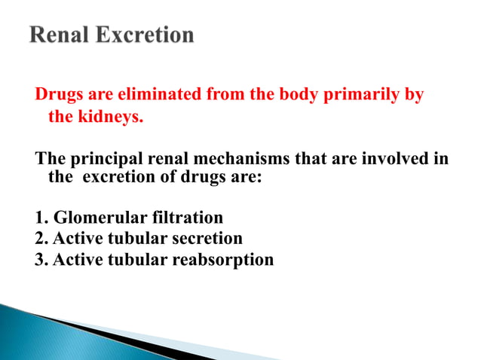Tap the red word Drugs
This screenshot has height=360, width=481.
[58, 96]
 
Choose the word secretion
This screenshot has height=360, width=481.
[209, 239]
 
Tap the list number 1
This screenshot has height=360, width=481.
[40, 218]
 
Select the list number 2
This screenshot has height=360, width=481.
[40, 239]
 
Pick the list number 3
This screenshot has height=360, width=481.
[40, 261]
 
